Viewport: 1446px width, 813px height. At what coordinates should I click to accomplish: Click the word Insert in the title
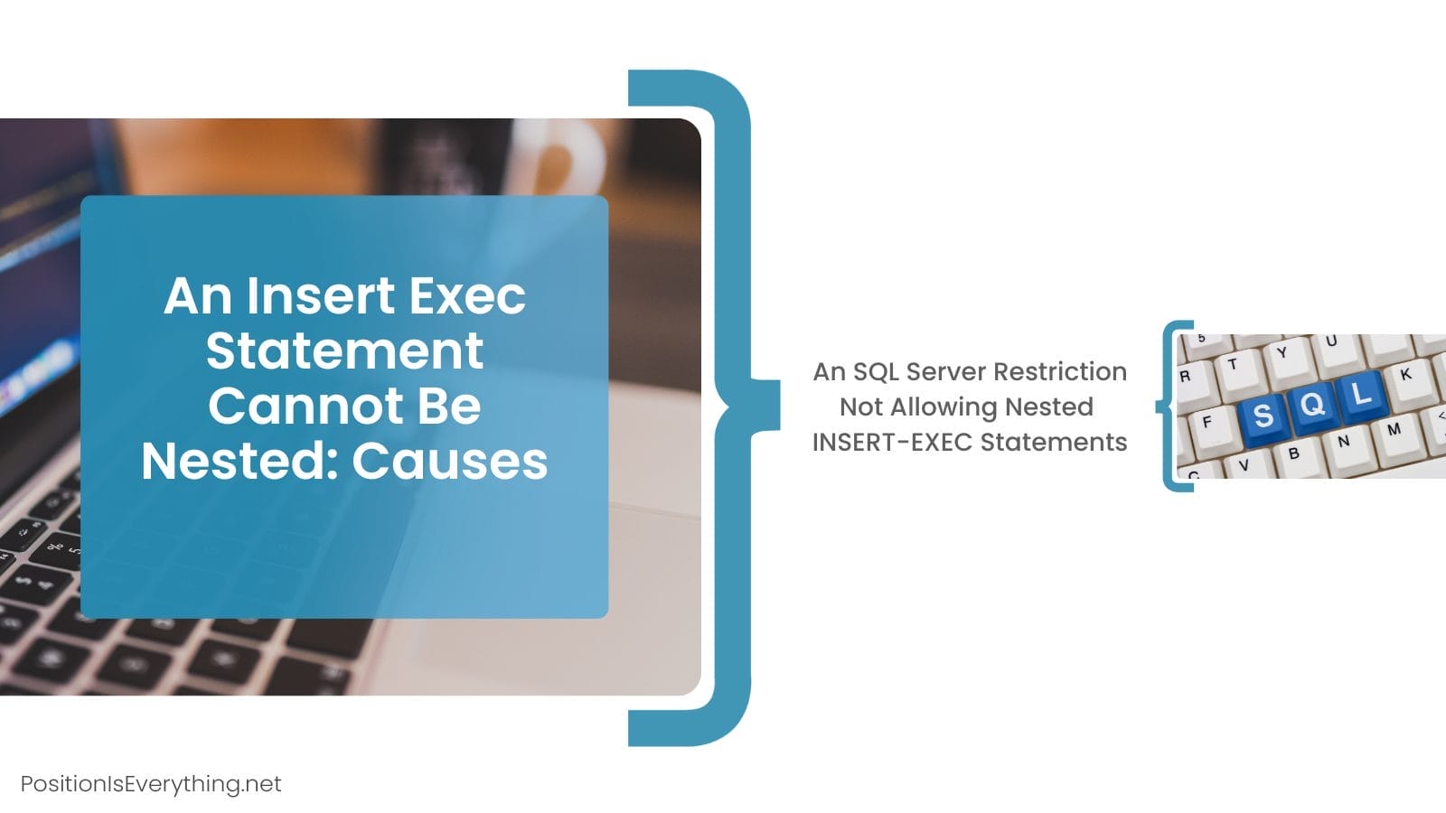tap(321, 295)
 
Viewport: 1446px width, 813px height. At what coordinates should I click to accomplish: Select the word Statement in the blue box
tap(344, 350)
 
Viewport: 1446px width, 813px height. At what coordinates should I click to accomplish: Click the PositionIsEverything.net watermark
tap(151, 783)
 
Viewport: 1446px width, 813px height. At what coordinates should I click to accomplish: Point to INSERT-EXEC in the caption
tap(892, 442)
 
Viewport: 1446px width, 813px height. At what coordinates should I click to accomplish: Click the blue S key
tap(1263, 416)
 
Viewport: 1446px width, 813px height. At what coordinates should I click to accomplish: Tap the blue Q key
tap(1312, 403)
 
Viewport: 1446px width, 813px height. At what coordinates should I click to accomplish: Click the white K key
tap(1406, 372)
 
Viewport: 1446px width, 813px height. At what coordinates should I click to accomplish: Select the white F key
tap(1207, 422)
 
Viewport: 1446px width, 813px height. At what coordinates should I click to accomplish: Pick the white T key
tap(1233, 364)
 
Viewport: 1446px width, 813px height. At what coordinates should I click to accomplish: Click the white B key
tap(1294, 453)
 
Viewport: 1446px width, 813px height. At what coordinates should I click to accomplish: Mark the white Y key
tap(1282, 352)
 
